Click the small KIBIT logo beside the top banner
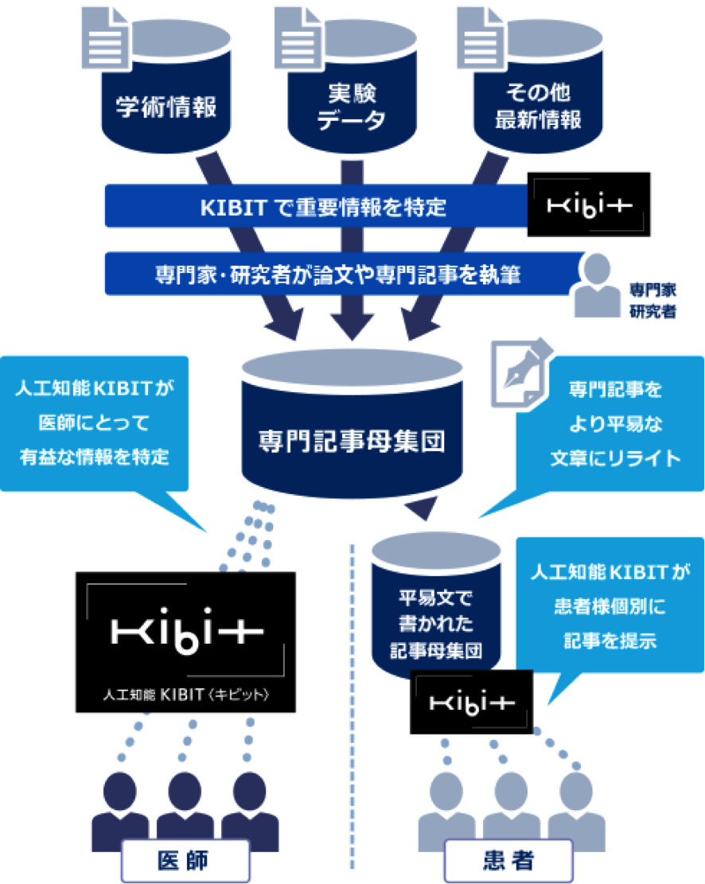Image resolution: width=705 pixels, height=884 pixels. (588, 204)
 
